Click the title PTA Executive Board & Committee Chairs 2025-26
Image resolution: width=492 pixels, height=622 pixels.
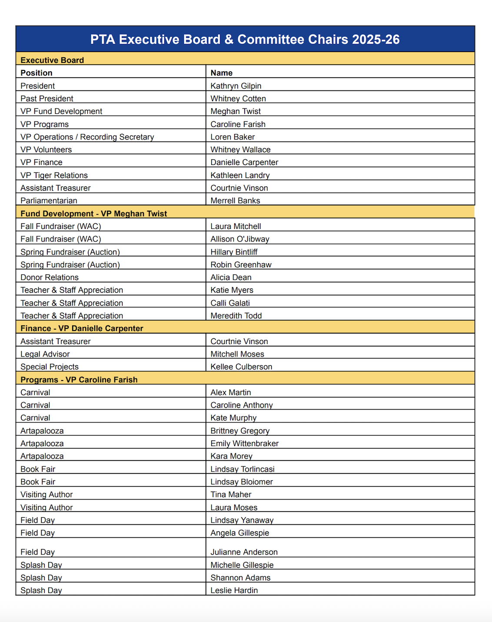pyautogui.click(x=245, y=40)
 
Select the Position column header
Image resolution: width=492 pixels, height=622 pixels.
pyautogui.click(x=37, y=73)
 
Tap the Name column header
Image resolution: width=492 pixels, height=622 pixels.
pyautogui.click(x=222, y=73)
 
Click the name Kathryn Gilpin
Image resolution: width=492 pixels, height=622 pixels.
pyautogui.click(x=236, y=86)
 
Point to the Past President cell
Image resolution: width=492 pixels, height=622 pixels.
pyautogui.click(x=47, y=99)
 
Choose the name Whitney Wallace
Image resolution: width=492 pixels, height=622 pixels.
pyautogui.click(x=240, y=149)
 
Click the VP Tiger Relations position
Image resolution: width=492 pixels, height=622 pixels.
pyautogui.click(x=54, y=175)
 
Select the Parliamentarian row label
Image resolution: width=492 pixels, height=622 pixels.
pyautogui.click(x=49, y=201)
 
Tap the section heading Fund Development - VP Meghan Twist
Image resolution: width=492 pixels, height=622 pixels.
pyautogui.click(x=94, y=214)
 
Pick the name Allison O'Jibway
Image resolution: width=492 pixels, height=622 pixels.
pyautogui.click(x=240, y=239)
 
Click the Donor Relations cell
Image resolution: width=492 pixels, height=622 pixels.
pyautogui.click(x=50, y=277)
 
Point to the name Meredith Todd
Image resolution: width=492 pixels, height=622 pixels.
pyautogui.click(x=236, y=316)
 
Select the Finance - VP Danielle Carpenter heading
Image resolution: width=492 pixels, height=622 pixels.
pyautogui.click(x=82, y=328)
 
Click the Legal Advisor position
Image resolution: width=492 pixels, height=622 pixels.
pyautogui.click(x=45, y=354)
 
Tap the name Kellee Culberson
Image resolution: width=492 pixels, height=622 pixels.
pyautogui.click(x=241, y=367)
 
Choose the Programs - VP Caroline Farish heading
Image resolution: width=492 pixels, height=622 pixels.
pyautogui.click(x=79, y=380)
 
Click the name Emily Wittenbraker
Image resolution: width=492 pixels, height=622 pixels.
pyautogui.click(x=245, y=443)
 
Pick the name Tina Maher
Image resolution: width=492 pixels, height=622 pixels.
pyautogui.click(x=231, y=494)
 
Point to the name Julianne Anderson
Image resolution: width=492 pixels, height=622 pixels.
pyautogui.click(x=244, y=552)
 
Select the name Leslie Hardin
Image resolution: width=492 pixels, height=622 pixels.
pyautogui.click(x=234, y=590)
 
